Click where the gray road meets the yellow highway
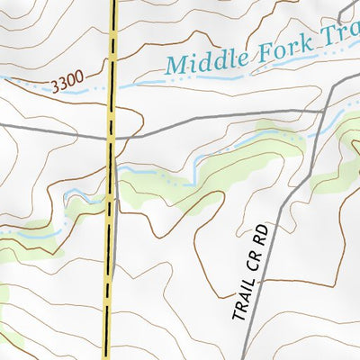(x=112, y=139)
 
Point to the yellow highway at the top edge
(x=114, y=4)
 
